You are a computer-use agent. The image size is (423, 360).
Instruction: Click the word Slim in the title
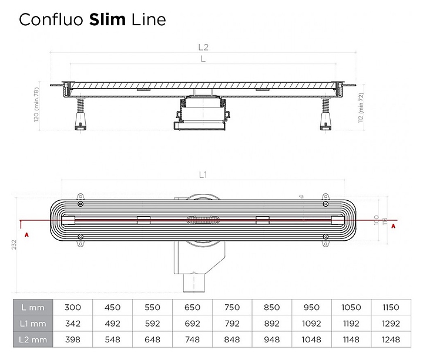(x=107, y=19)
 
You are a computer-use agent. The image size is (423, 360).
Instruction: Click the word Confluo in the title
(x=52, y=19)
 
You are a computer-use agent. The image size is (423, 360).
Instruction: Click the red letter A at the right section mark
(x=393, y=225)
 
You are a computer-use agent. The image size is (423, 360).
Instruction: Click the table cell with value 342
(x=73, y=324)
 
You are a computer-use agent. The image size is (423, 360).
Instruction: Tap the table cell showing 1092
(x=311, y=324)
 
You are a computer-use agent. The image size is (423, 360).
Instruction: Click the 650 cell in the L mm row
(x=192, y=307)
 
